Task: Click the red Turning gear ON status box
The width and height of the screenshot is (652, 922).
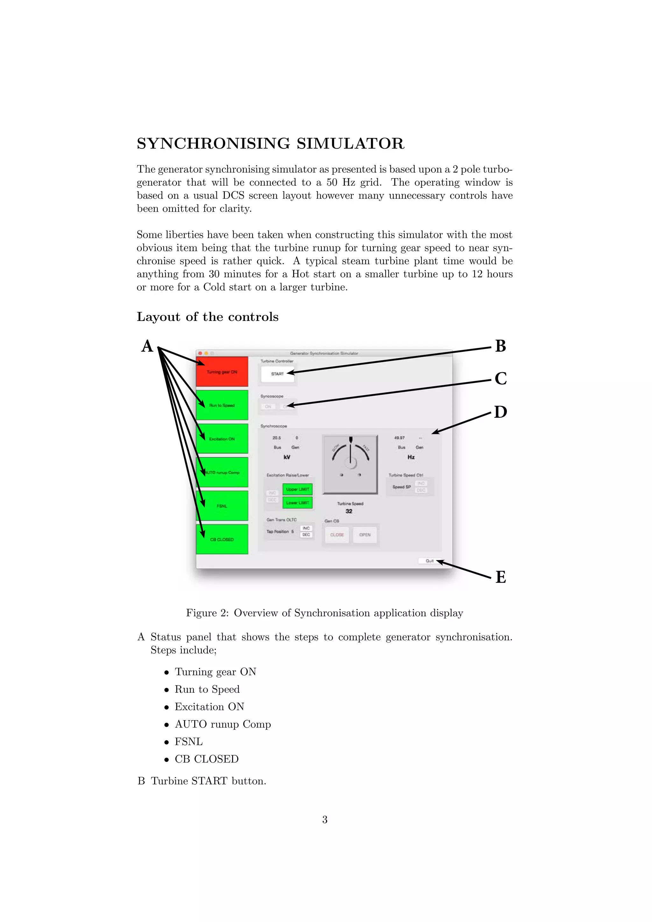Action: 222,372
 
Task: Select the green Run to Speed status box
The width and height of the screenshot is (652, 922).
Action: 222,405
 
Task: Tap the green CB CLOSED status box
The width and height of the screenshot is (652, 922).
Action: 222,539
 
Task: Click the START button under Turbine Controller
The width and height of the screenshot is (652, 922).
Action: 277,374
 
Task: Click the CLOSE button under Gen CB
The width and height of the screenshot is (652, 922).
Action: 337,535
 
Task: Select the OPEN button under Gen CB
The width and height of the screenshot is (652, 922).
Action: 365,535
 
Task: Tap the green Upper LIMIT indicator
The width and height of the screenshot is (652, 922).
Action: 297,489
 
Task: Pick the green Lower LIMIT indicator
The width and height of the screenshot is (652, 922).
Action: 297,503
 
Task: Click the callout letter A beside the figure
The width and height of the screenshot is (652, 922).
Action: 147,346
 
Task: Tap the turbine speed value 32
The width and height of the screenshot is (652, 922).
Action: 349,511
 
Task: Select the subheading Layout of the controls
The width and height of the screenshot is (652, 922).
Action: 208,317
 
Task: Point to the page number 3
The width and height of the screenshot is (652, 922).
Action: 325,819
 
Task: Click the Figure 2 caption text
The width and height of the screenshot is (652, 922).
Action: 324,613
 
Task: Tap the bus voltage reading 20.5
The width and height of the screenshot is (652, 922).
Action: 277,438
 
